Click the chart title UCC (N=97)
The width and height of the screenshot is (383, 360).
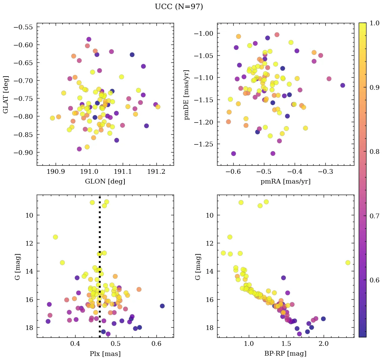point(179,7)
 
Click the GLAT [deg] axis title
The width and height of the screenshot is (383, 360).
point(6,94)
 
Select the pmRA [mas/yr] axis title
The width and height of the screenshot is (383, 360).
point(285,182)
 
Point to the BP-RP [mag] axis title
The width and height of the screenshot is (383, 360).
point(285,354)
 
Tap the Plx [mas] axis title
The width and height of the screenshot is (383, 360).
point(105,354)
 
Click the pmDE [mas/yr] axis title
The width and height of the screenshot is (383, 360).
point(187,94)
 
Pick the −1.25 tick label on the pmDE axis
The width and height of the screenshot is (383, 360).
point(204,144)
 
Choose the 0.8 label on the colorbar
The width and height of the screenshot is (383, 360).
point(374,151)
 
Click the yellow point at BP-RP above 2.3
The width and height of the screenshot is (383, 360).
point(348,262)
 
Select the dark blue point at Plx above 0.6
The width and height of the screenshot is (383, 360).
point(162,306)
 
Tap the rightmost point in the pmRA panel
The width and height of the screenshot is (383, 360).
point(343,85)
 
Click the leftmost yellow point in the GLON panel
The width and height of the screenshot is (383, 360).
point(52,118)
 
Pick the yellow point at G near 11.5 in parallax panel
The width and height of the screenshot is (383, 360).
point(55,237)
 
